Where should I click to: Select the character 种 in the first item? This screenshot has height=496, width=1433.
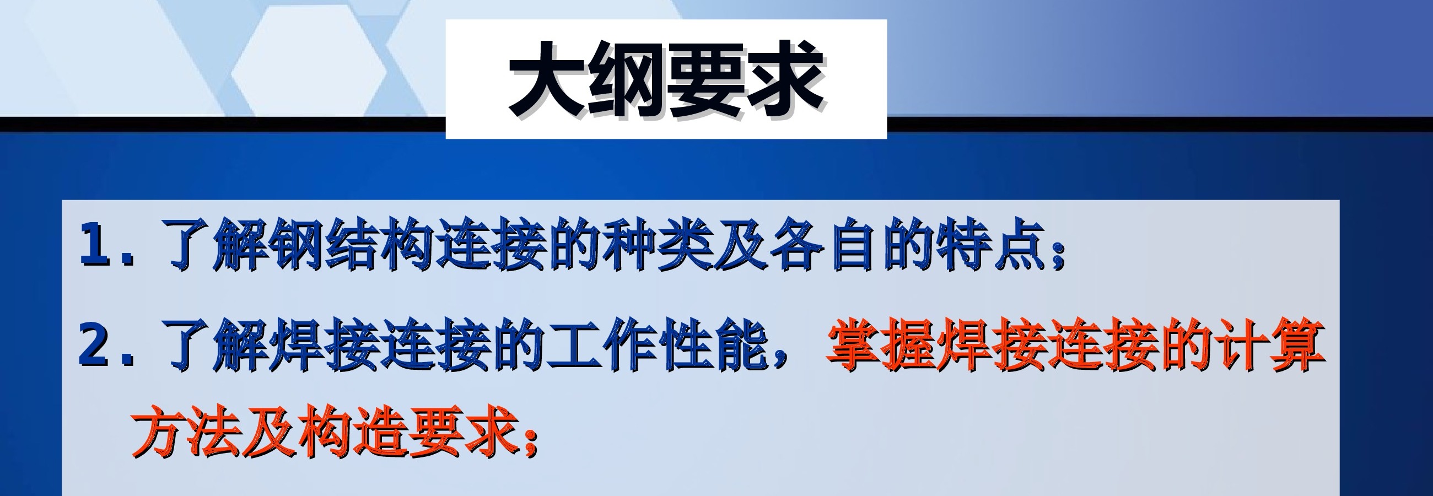click(629, 245)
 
